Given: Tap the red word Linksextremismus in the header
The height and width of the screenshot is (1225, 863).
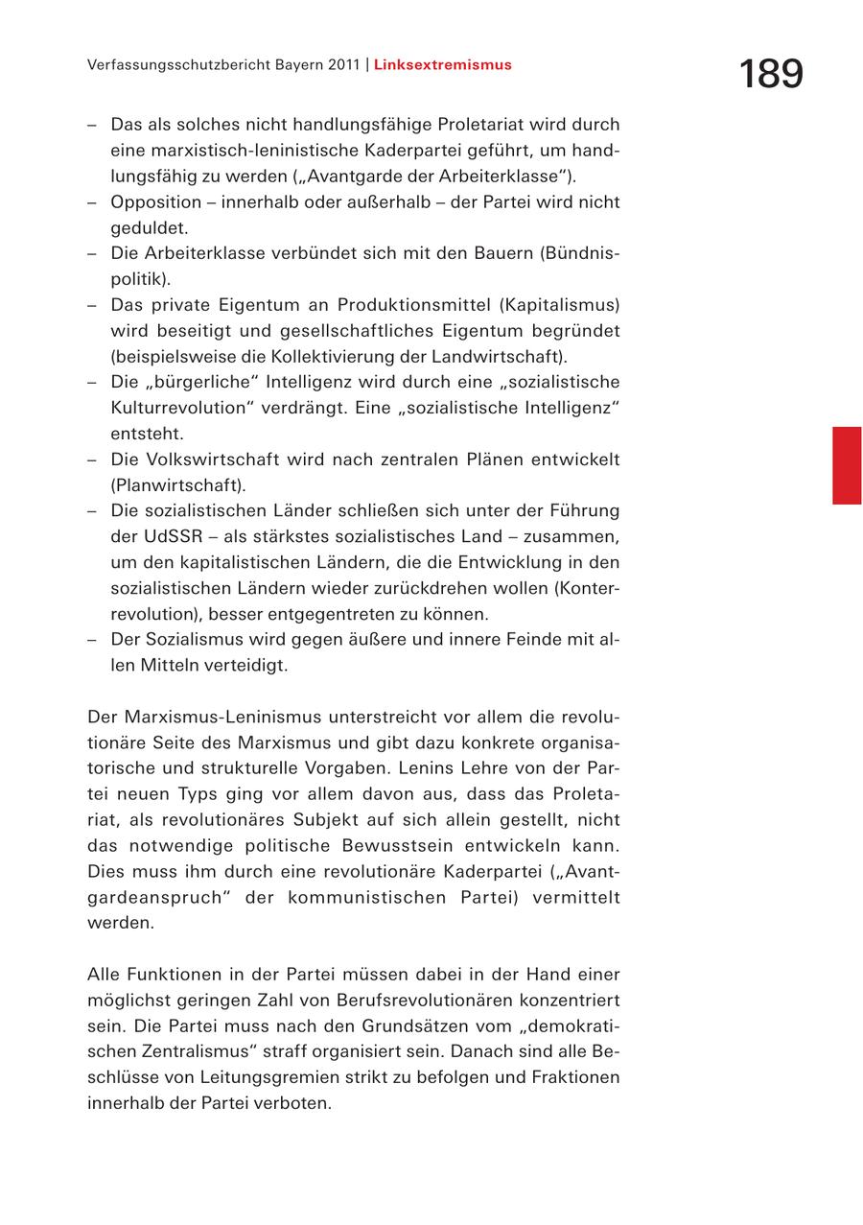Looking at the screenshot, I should tap(443, 65).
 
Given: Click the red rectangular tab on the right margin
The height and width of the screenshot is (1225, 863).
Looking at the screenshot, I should tap(847, 465).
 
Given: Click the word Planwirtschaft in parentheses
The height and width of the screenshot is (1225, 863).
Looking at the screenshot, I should tap(178, 485).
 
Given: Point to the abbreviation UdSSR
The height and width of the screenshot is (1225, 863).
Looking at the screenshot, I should tap(170, 536).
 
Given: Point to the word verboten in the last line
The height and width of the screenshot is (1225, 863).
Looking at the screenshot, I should tap(296, 1103).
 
